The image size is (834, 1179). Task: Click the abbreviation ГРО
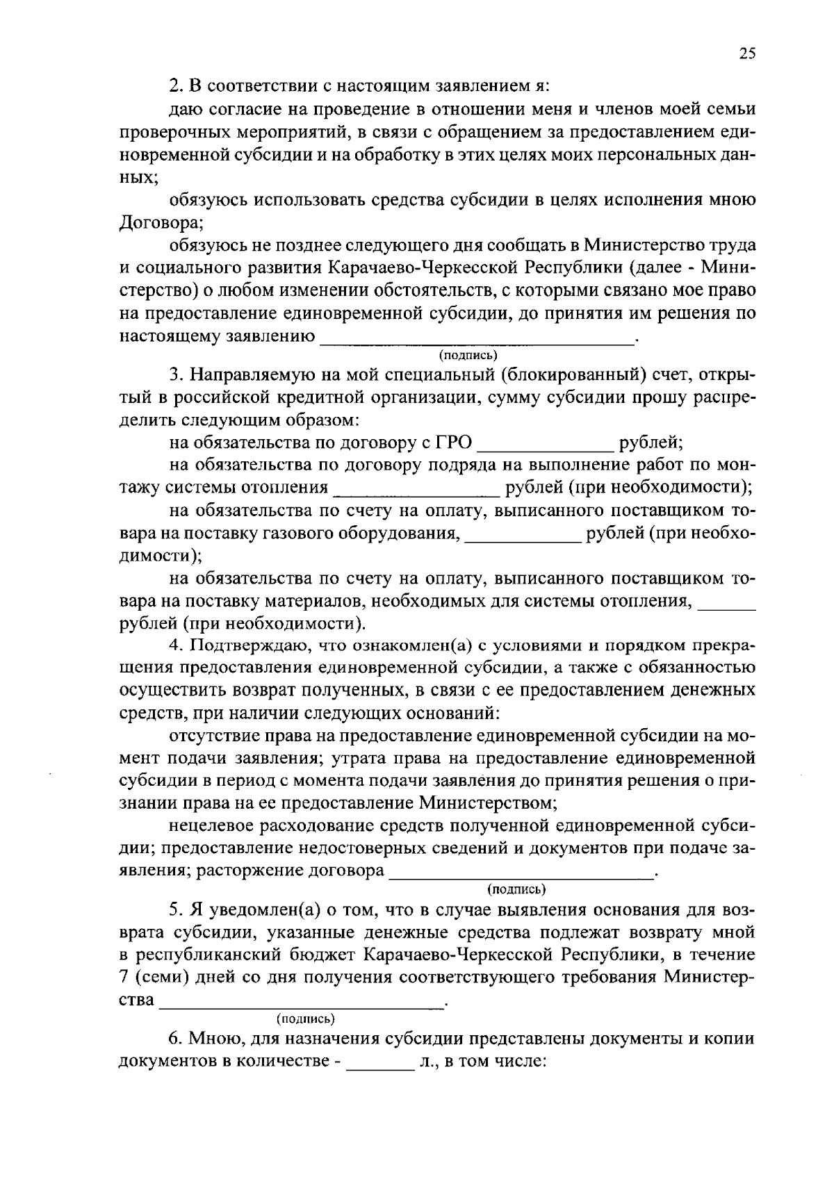pos(454,443)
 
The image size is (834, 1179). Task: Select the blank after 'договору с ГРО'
pos(546,446)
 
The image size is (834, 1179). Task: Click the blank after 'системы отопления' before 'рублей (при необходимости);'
pos(417,493)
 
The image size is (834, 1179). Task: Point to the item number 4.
pos(176,645)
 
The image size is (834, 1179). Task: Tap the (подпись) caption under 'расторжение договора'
pos(516,889)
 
